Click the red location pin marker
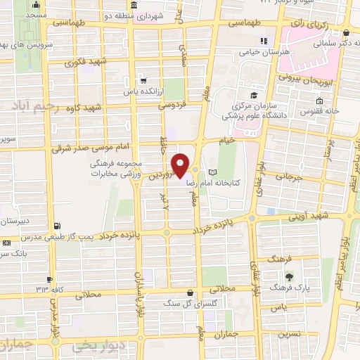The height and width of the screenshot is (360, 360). click(180, 165)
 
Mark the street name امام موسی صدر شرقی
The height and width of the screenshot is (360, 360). click(91, 150)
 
